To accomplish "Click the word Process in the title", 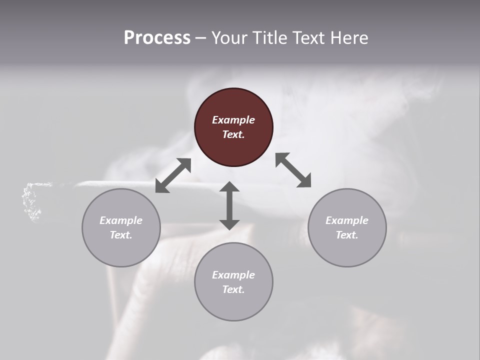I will [157, 38].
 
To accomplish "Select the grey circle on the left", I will [121, 245].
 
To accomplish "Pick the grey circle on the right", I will [347, 245].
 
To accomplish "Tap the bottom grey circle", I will [233, 300].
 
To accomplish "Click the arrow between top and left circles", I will [173, 175].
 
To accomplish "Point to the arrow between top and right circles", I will [293, 170].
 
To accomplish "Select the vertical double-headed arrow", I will [229, 205].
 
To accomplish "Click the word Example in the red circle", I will [233, 120].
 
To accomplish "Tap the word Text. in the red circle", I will [233, 134].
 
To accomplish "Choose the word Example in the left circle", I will [121, 220].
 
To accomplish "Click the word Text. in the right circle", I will [347, 235].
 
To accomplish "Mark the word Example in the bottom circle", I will [233, 275].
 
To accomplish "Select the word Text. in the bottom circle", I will [233, 289].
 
